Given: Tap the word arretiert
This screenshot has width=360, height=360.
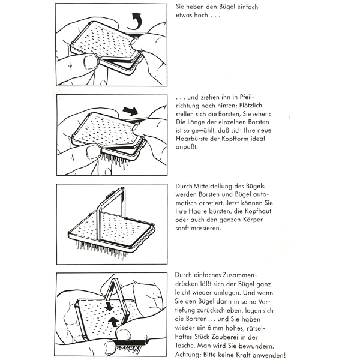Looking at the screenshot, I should pos(217,204).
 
